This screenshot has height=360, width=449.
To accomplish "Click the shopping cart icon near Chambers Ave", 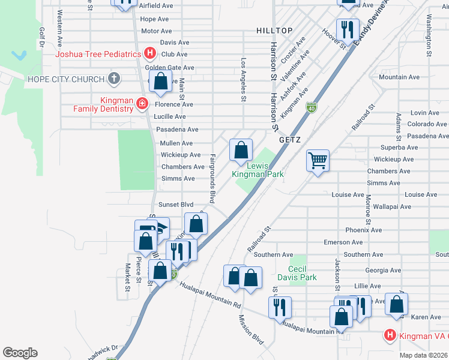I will [x=318, y=160].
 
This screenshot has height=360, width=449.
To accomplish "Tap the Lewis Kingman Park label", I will [x=258, y=169].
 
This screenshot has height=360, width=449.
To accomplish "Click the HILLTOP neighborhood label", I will [x=274, y=30].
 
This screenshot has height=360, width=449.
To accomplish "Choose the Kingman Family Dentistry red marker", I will [x=142, y=104].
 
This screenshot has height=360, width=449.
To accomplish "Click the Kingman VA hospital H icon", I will [x=390, y=335].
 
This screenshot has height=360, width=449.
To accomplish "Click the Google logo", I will [x=20, y=353].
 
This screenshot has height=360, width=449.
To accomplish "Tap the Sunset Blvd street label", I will [x=175, y=205].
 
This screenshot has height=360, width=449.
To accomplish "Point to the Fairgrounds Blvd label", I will [x=212, y=178].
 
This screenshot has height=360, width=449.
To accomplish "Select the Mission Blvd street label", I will [x=251, y=329].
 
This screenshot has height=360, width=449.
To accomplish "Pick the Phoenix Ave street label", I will [x=364, y=230].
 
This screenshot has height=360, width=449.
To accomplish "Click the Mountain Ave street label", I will [x=399, y=77].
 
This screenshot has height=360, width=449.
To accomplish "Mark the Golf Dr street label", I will [x=42, y=37].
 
